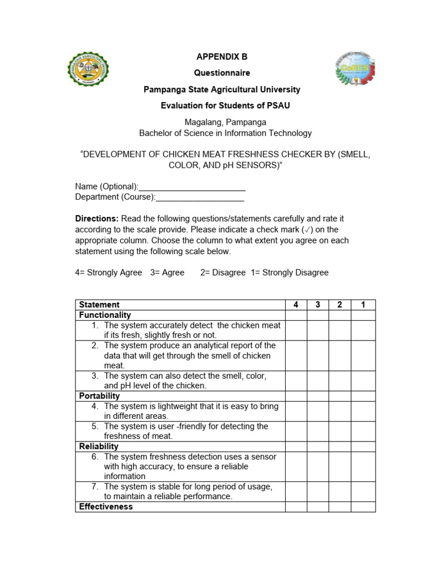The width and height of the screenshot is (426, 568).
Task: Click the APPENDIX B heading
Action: (x=221, y=57)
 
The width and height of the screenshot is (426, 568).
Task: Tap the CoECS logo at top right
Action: (x=355, y=69)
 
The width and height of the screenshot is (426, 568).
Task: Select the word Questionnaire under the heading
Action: (x=221, y=73)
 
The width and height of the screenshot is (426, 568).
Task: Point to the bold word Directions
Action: (x=96, y=219)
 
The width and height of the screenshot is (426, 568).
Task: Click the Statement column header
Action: (x=99, y=305)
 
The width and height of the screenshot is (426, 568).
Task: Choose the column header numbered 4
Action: (x=296, y=305)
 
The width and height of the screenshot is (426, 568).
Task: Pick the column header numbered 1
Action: (x=363, y=305)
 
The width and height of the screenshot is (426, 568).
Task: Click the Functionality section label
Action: (x=105, y=315)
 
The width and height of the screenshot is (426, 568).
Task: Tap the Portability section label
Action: (x=99, y=396)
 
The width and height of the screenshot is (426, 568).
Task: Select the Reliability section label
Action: (x=99, y=447)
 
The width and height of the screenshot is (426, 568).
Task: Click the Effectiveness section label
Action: (x=106, y=507)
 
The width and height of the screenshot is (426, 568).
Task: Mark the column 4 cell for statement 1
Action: (x=296, y=330)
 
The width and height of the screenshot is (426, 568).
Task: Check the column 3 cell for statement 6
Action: (x=318, y=466)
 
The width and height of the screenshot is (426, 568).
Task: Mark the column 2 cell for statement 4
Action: (x=339, y=411)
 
